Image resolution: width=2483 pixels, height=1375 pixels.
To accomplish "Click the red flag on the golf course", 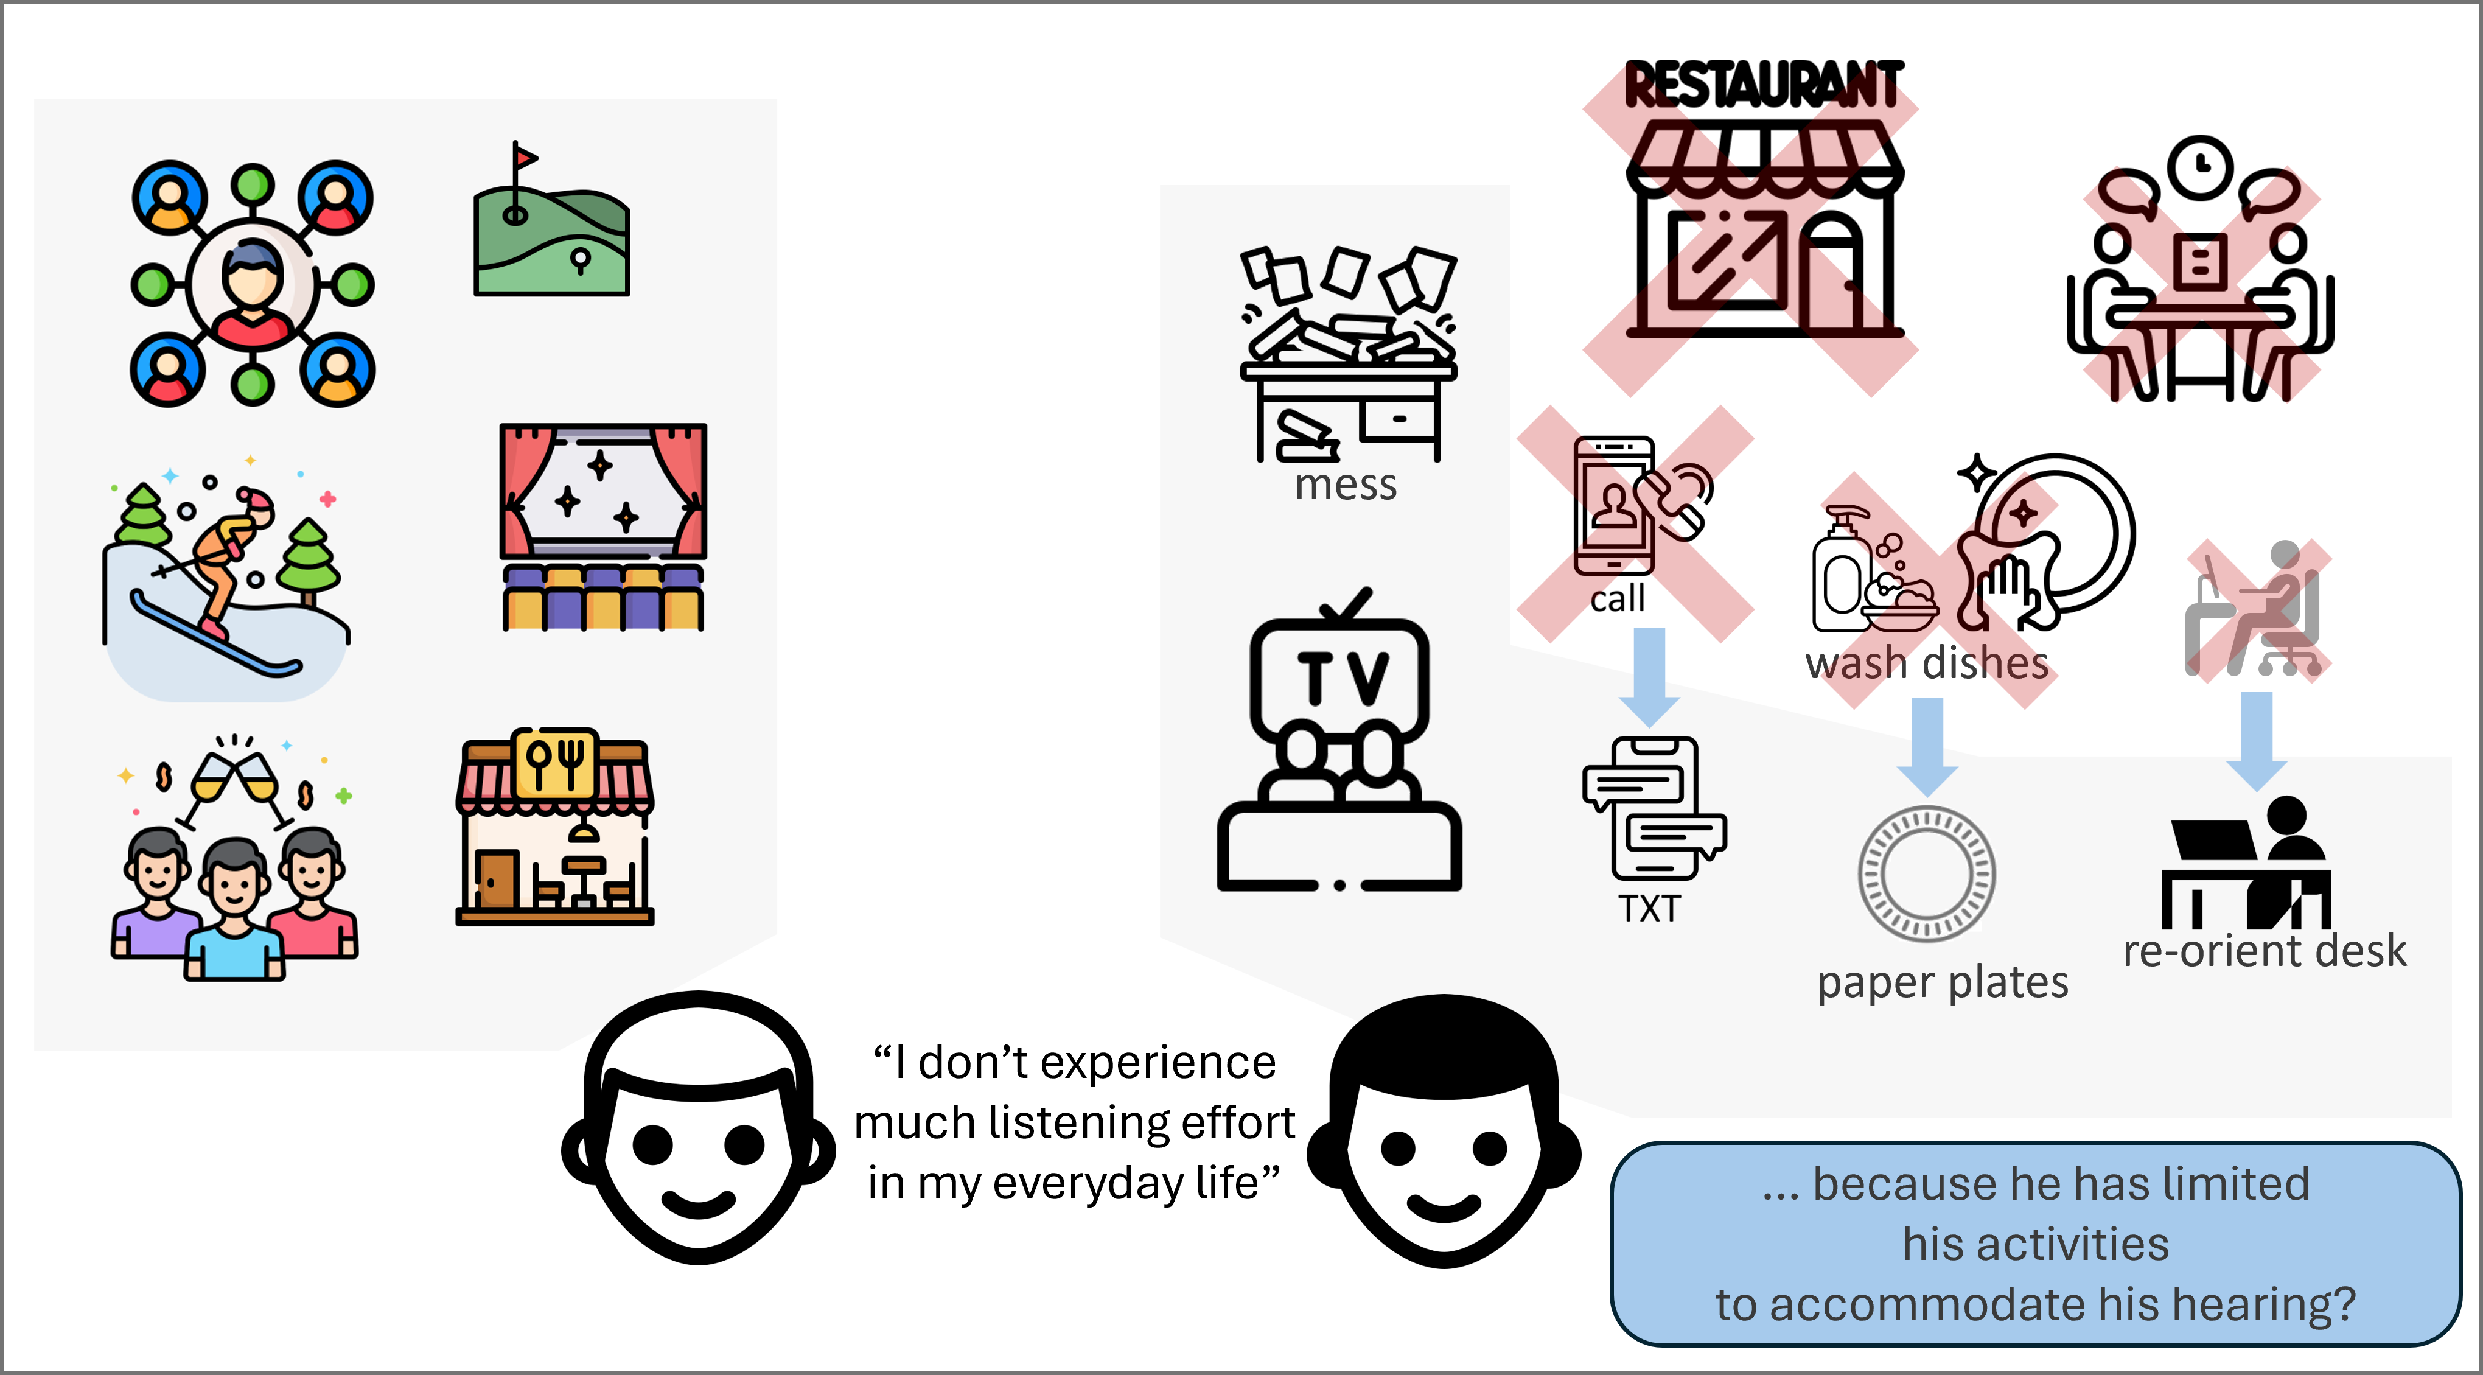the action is coord(525,156).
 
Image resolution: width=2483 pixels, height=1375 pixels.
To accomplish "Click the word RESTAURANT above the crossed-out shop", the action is coord(1764,85).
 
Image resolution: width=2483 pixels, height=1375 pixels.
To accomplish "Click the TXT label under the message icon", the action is coord(1649,908).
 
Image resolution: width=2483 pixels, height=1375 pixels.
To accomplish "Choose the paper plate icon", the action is coord(1927,873).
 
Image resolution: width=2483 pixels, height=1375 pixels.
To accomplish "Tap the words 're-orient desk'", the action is coord(2264,951).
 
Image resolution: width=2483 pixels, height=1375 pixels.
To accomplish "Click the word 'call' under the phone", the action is coord(1618,599).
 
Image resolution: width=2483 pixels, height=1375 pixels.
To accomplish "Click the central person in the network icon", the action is coord(253,285).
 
